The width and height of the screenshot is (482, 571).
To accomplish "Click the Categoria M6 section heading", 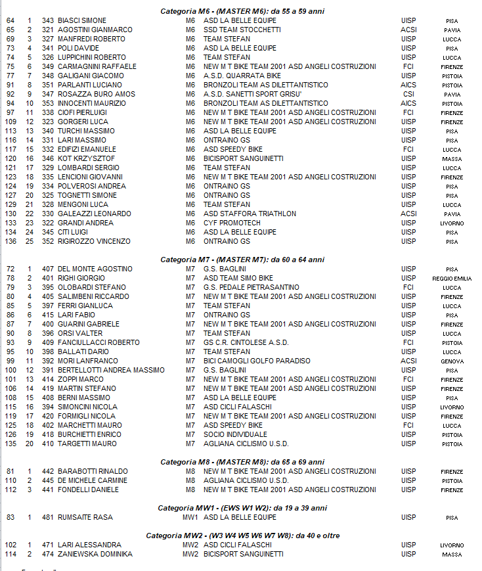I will pyautogui.click(x=242, y=11).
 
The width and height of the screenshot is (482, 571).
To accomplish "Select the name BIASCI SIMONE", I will pyautogui.click(x=82, y=20).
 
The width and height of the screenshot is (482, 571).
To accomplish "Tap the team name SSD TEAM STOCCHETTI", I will pyautogui.click(x=242, y=30).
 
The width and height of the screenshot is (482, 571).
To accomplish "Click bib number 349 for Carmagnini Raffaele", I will pyautogui.click(x=47, y=66).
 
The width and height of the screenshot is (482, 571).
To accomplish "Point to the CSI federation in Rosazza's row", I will pyautogui.click(x=408, y=94).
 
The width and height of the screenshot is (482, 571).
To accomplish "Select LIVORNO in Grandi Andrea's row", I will pyautogui.click(x=452, y=223).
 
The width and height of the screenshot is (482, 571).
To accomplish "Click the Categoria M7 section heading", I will pyautogui.click(x=242, y=260).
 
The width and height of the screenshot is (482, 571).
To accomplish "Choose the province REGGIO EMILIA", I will pyautogui.click(x=452, y=279).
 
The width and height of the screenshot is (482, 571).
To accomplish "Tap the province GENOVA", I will pyautogui.click(x=452, y=361).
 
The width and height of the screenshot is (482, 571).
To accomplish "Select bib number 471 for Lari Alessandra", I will pyautogui.click(x=47, y=545).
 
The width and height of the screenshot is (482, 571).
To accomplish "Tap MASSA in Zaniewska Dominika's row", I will pyautogui.click(x=452, y=555).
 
